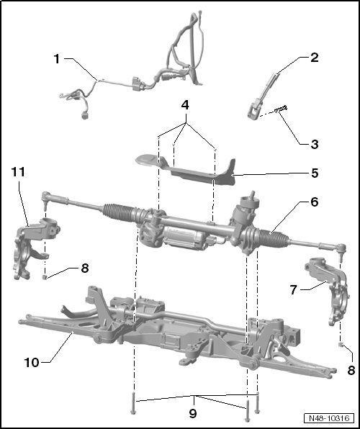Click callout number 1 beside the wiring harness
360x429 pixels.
(x=57, y=59)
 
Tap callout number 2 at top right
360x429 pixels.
(x=315, y=58)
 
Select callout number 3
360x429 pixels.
(x=315, y=144)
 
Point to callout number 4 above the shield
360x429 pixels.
(x=185, y=105)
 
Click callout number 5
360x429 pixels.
(x=315, y=173)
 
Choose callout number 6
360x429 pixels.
(x=315, y=202)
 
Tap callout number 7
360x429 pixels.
(x=293, y=289)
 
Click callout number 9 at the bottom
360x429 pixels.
(x=193, y=413)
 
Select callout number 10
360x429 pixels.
(x=32, y=363)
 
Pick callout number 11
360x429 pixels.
(x=18, y=172)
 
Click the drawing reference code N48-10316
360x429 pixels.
(x=329, y=418)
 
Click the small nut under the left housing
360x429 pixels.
(x=45, y=277)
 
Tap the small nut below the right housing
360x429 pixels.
(x=341, y=344)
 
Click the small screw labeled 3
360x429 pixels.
(x=281, y=109)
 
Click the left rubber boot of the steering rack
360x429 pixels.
(x=120, y=212)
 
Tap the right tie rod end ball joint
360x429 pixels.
(x=341, y=250)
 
